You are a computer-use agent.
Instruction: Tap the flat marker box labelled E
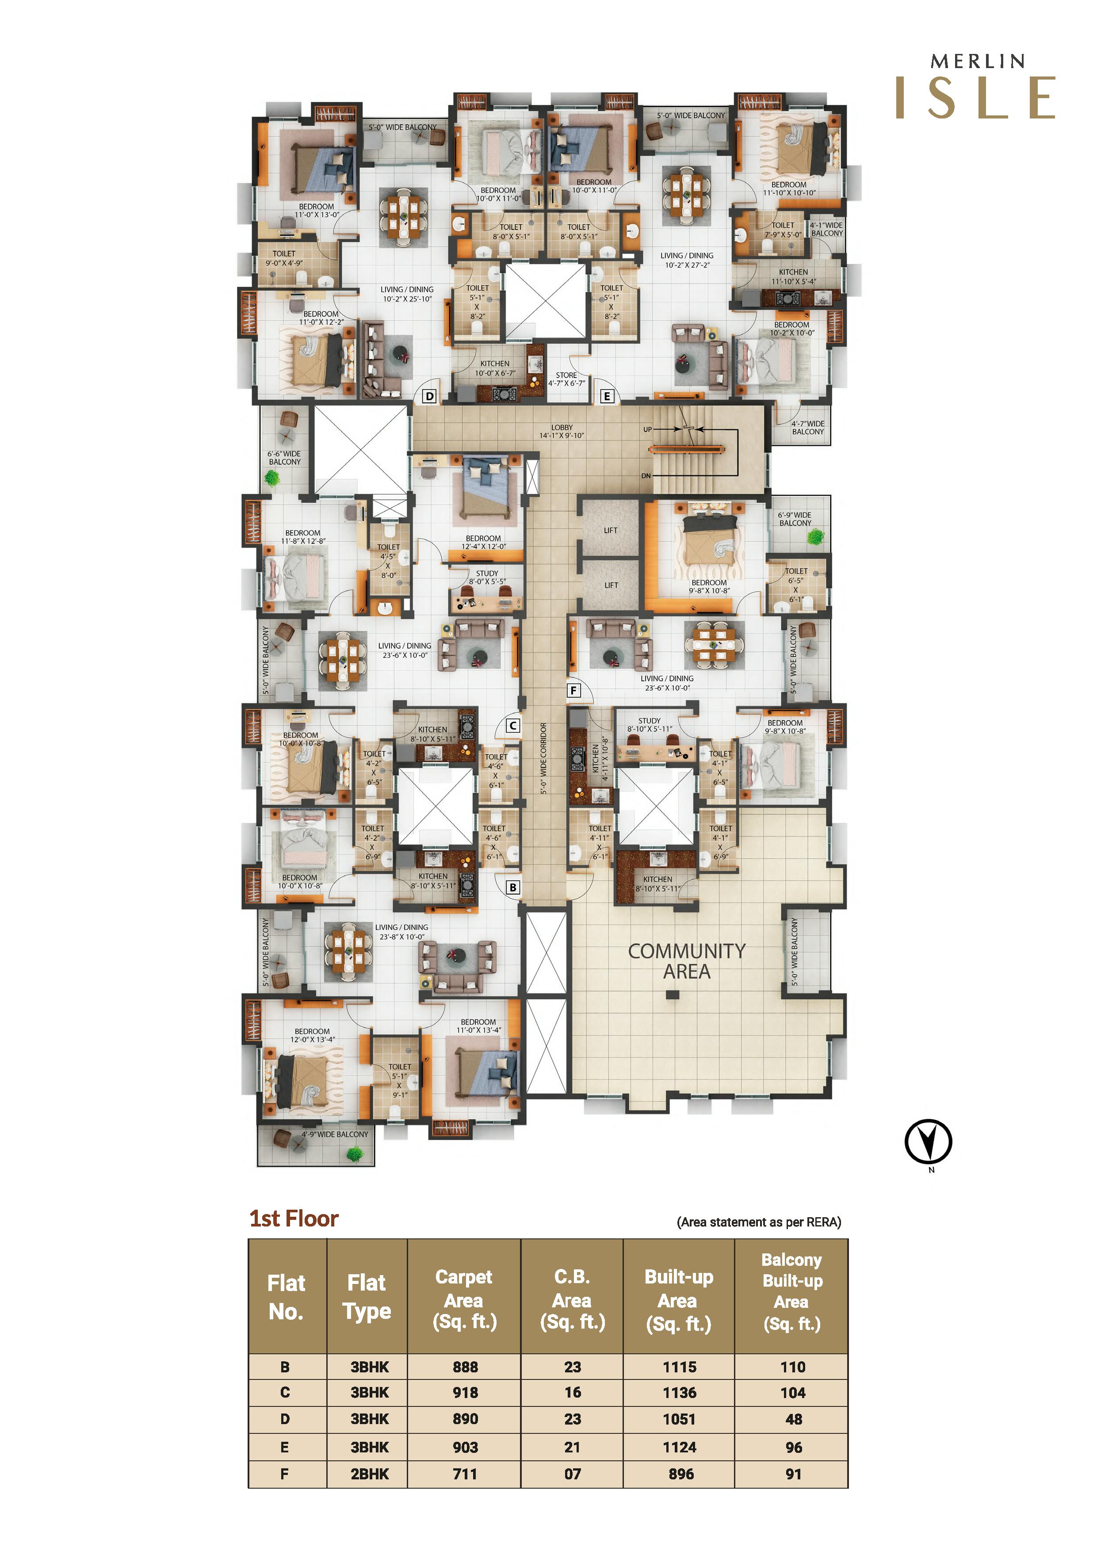point(607,397)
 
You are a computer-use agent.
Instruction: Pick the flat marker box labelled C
point(513,726)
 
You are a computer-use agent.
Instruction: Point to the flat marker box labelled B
point(513,888)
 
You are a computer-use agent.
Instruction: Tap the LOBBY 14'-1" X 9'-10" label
point(562,432)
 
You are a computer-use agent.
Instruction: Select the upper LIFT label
point(611,530)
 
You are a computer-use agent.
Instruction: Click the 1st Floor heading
point(294,1219)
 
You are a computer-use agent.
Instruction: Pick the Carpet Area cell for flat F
point(465,1474)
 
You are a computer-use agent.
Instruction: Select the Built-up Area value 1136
point(679,1393)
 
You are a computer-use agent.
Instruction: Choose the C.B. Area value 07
point(572,1474)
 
